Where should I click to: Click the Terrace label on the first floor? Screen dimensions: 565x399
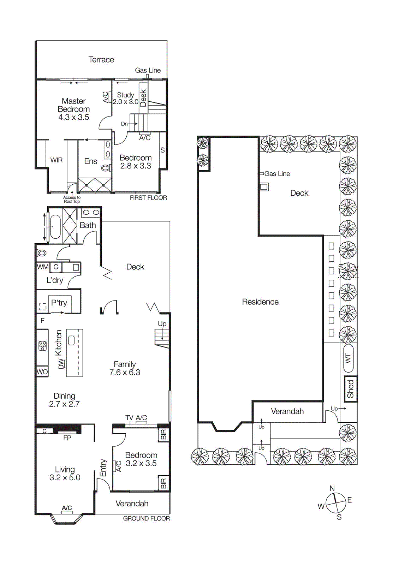(x=101, y=60)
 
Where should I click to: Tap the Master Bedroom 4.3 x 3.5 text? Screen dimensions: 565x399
(x=73, y=109)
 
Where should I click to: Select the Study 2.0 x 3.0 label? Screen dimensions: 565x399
(x=125, y=99)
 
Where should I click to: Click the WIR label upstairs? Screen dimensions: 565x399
(x=56, y=160)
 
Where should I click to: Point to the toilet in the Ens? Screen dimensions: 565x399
(x=106, y=168)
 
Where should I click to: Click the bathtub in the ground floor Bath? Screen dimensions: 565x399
(x=55, y=226)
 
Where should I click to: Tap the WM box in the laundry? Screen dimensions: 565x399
(x=42, y=267)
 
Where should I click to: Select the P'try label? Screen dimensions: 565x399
(x=59, y=303)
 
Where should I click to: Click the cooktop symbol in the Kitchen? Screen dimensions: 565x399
(x=42, y=345)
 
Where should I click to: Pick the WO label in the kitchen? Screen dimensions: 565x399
(x=42, y=372)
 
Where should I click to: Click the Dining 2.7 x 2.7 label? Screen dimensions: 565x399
(x=64, y=400)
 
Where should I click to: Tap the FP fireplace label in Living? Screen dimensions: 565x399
(x=67, y=438)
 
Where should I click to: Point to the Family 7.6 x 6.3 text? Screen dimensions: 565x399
(x=125, y=368)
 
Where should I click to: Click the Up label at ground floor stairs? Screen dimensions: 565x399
(x=162, y=323)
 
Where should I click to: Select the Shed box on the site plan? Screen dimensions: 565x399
(x=351, y=389)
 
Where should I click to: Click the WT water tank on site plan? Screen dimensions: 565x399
(x=348, y=358)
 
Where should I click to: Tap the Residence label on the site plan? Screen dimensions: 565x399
(x=260, y=302)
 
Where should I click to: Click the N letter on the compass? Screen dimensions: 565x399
(x=332, y=488)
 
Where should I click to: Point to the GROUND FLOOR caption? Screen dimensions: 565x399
(x=146, y=518)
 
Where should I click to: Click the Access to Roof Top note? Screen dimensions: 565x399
(x=72, y=200)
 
